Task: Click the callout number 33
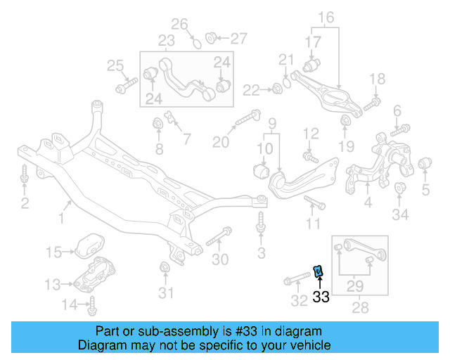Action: tap(321, 297)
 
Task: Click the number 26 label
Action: tap(181, 25)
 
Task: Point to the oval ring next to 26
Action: tap(198, 42)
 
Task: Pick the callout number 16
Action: tap(326, 17)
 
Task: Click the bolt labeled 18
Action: tap(372, 103)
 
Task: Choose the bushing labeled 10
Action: tap(261, 170)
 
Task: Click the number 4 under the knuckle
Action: tap(368, 205)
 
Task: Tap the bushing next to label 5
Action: tap(424, 164)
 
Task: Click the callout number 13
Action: tap(53, 285)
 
